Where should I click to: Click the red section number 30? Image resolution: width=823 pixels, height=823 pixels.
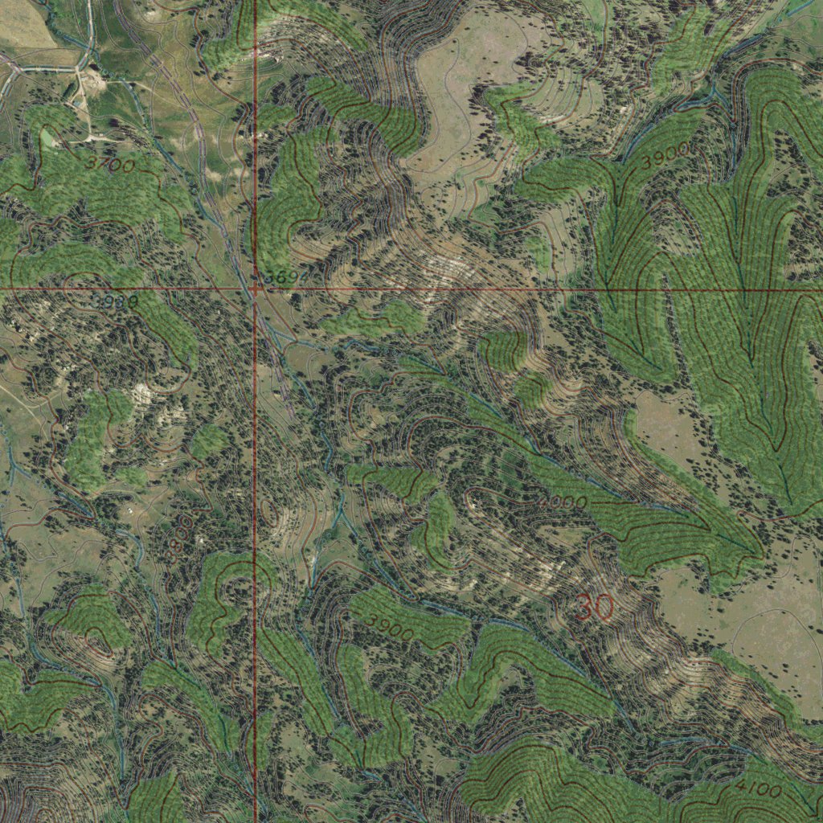click(x=594, y=607)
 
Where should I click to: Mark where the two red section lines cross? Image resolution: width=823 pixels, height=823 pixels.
click(x=255, y=287)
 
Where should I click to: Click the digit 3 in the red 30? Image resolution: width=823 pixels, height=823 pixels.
click(x=584, y=607)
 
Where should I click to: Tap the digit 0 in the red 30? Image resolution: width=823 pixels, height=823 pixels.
click(x=604, y=607)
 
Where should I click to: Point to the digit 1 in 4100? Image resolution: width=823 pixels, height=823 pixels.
click(x=750, y=788)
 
